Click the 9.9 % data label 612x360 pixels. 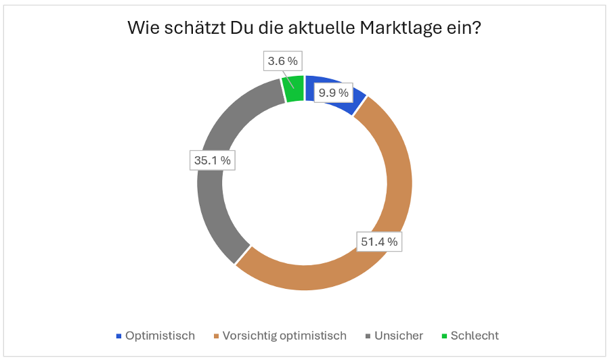click(334, 92)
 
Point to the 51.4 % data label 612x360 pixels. click(379, 241)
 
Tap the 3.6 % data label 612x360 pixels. click(282, 61)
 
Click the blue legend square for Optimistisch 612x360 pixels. click(119, 336)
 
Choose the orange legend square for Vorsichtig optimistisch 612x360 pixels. click(217, 336)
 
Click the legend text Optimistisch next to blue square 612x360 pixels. click(160, 336)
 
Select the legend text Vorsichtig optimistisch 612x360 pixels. click(284, 336)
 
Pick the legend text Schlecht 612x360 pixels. click(475, 336)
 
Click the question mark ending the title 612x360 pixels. click(478, 30)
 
